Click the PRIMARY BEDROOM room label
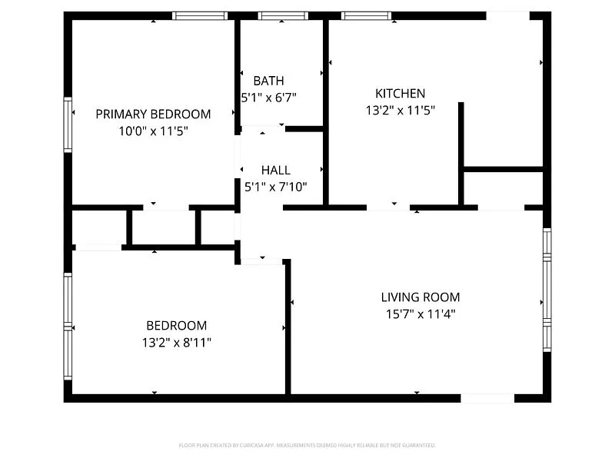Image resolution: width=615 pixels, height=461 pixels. (x=153, y=114)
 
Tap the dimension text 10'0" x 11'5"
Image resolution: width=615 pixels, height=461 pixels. (x=153, y=131)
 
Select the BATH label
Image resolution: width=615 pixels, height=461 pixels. (x=268, y=81)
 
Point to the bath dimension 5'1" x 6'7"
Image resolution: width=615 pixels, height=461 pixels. (x=268, y=98)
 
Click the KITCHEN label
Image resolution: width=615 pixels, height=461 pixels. (x=400, y=93)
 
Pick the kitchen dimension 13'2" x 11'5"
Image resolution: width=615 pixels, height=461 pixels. (x=400, y=110)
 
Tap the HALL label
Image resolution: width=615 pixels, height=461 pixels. (x=275, y=170)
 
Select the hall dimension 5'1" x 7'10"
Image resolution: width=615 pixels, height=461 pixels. (x=275, y=187)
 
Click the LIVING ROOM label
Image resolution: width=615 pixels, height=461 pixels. (x=421, y=297)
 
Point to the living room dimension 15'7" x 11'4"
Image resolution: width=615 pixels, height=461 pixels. (x=421, y=313)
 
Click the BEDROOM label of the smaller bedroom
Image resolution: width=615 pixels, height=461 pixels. (x=177, y=325)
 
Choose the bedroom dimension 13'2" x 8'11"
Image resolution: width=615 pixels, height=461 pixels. (x=177, y=342)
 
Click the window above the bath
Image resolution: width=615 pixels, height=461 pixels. (x=283, y=15)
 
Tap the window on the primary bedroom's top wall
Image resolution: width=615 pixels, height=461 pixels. (x=200, y=15)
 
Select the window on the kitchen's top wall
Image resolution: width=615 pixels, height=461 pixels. (x=366, y=15)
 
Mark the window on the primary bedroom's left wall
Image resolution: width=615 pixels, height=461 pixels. (x=68, y=124)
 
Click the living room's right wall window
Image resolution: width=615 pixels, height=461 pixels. (x=547, y=290)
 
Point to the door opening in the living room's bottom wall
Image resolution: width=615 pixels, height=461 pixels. (x=487, y=398)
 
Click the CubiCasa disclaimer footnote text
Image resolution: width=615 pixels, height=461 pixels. (x=307, y=445)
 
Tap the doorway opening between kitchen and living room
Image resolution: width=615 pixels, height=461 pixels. (x=388, y=207)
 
